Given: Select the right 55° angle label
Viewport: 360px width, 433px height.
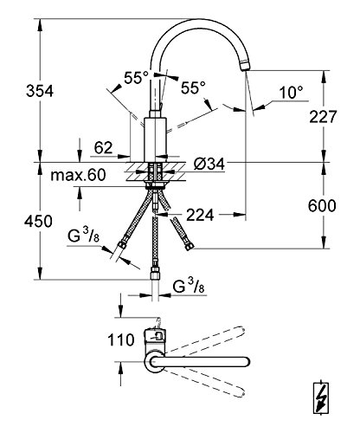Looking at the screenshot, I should coord(192,87).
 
